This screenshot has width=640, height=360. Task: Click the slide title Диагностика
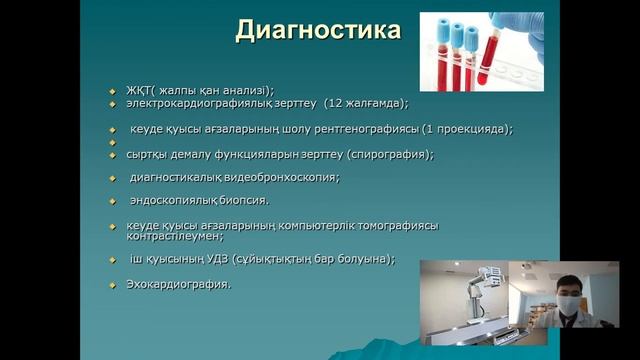(x=318, y=31)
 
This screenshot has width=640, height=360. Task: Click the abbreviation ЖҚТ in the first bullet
(x=139, y=88)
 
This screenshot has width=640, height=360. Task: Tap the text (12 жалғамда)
(x=366, y=102)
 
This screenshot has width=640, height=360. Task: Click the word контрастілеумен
(x=174, y=237)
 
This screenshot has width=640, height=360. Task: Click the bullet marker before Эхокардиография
(x=113, y=285)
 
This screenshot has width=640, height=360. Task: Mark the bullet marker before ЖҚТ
(x=113, y=89)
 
